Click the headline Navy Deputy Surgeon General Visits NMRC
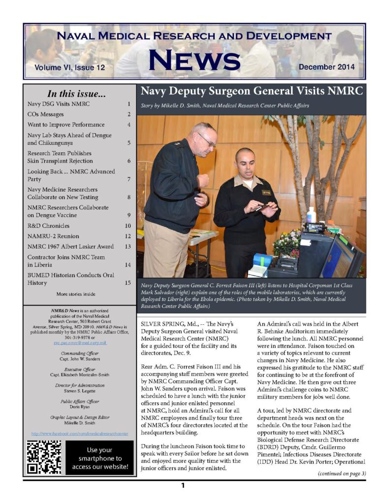pyautogui.click(x=251, y=91)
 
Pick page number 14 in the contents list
pyautogui.click(x=127, y=265)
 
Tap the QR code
pyautogui.click(x=44, y=457)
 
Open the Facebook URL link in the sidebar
pyautogui.click(x=79, y=434)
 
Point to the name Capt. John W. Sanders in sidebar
pyautogui.click(x=79, y=359)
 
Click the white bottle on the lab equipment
pyautogui.click(x=311, y=215)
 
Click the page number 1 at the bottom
pyautogui.click(x=182, y=486)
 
